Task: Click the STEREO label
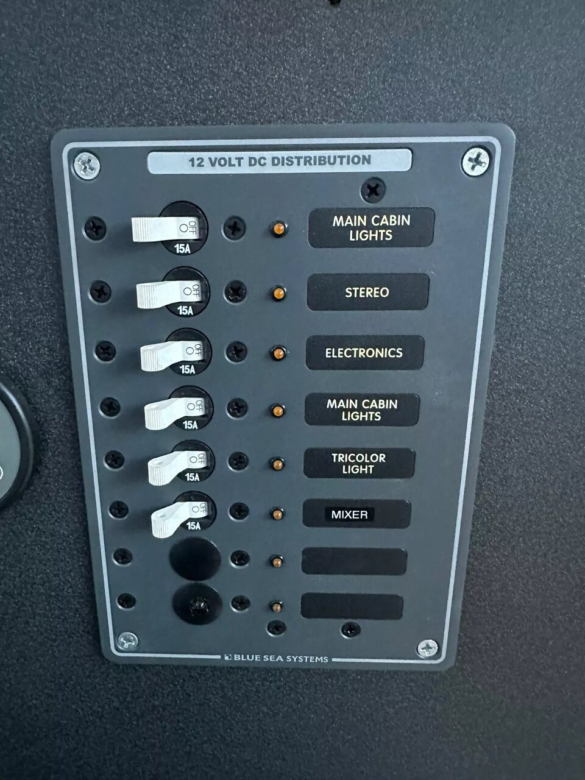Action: click(x=367, y=292)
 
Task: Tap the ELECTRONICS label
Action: click(x=365, y=352)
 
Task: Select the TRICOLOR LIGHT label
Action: click(x=359, y=463)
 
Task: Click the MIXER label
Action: click(x=356, y=514)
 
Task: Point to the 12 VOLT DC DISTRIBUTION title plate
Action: click(x=280, y=161)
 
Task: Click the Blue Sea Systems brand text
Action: click(x=277, y=658)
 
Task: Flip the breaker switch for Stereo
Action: click(x=169, y=294)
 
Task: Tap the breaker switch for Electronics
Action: click(x=172, y=355)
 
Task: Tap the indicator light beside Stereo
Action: click(x=279, y=294)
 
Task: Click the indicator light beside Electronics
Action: click(x=278, y=353)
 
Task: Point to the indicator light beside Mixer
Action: click(x=277, y=514)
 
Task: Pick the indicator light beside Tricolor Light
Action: click(x=278, y=464)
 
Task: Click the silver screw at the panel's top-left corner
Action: click(x=87, y=165)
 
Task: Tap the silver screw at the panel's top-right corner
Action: click(x=475, y=161)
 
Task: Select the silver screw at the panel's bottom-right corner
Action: click(x=427, y=648)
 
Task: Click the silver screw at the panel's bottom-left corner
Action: click(x=127, y=641)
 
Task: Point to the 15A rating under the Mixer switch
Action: click(x=194, y=525)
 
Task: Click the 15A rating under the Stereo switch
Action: click(x=185, y=311)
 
